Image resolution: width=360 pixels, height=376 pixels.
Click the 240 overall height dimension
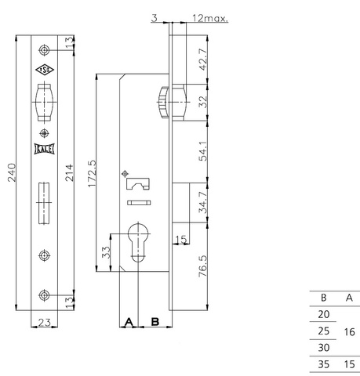pyautogui.click(x=12, y=172)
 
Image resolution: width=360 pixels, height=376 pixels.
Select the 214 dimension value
pyautogui.click(x=69, y=172)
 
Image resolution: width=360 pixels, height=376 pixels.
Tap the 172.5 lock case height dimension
pyautogui.click(x=92, y=174)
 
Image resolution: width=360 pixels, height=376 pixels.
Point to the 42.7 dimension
pyautogui.click(x=203, y=60)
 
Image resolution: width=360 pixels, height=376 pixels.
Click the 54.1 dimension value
pyautogui.click(x=203, y=151)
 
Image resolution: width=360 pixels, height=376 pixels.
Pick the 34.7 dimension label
pyautogui.click(x=203, y=202)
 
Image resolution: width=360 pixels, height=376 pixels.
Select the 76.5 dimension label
pyautogui.click(x=203, y=266)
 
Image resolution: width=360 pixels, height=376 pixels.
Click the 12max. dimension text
pyautogui.click(x=210, y=18)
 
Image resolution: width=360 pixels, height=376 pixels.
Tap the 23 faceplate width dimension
pyautogui.click(x=44, y=323)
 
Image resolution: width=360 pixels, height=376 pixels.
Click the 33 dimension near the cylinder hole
pyautogui.click(x=106, y=252)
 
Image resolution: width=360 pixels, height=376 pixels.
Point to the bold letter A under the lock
pyautogui.click(x=129, y=322)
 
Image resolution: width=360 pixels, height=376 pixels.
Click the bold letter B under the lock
pyautogui.click(x=155, y=322)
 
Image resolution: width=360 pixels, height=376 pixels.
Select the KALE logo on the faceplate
pyautogui.click(x=44, y=149)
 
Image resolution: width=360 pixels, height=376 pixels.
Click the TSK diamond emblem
pyautogui.click(x=45, y=70)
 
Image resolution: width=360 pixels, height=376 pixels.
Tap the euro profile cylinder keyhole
pyautogui.click(x=138, y=241)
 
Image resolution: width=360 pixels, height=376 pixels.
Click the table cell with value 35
pyautogui.click(x=323, y=364)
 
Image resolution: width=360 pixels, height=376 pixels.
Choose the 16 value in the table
pyautogui.click(x=349, y=332)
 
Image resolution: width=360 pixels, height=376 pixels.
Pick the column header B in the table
pyautogui.click(x=323, y=298)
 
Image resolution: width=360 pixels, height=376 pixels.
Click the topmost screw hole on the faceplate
pyautogui.click(x=44, y=50)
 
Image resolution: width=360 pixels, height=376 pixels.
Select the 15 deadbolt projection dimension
pyautogui.click(x=181, y=240)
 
